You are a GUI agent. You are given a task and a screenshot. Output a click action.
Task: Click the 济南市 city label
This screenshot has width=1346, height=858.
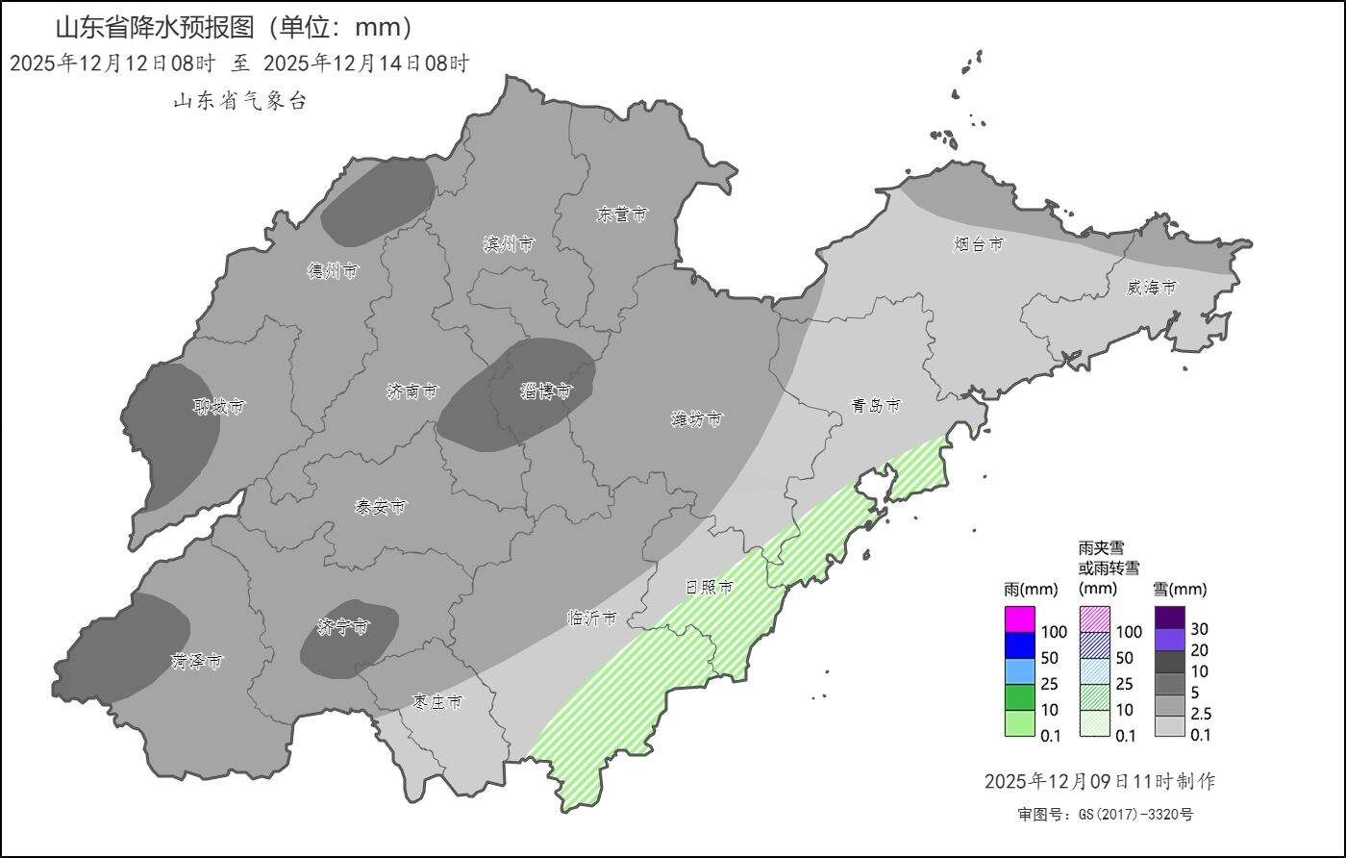click(411, 391)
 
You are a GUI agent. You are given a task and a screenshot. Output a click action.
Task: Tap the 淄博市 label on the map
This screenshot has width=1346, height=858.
click(546, 391)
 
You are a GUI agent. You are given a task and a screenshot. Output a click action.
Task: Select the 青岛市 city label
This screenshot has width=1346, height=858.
click(876, 406)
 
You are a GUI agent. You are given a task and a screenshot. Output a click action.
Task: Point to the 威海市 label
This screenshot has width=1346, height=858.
click(1152, 288)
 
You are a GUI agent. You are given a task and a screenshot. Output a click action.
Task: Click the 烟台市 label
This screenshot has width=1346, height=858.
click(979, 245)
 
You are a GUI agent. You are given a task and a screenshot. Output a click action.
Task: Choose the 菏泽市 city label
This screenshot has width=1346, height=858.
click(197, 662)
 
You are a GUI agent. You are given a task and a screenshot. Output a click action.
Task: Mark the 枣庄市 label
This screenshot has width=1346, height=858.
click(436, 703)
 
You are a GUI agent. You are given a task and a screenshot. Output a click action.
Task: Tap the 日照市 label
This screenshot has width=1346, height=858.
click(709, 587)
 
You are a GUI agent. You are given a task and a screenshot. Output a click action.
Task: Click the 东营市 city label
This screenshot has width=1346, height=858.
click(621, 215)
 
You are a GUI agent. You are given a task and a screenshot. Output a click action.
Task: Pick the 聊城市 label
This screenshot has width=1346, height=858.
click(218, 408)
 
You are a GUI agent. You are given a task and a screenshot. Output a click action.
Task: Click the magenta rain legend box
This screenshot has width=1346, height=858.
click(1019, 619)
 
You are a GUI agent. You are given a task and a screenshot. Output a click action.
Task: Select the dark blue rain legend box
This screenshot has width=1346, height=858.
click(1019, 645)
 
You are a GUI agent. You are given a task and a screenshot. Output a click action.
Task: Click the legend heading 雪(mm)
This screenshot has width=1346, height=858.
click(1179, 589)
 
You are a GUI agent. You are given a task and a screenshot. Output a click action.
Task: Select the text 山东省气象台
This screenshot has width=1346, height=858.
click(239, 101)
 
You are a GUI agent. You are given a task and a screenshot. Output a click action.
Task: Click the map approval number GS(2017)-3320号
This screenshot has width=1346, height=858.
click(1106, 815)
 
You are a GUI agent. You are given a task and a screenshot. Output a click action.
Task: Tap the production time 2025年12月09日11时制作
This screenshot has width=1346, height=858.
click(1106, 781)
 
